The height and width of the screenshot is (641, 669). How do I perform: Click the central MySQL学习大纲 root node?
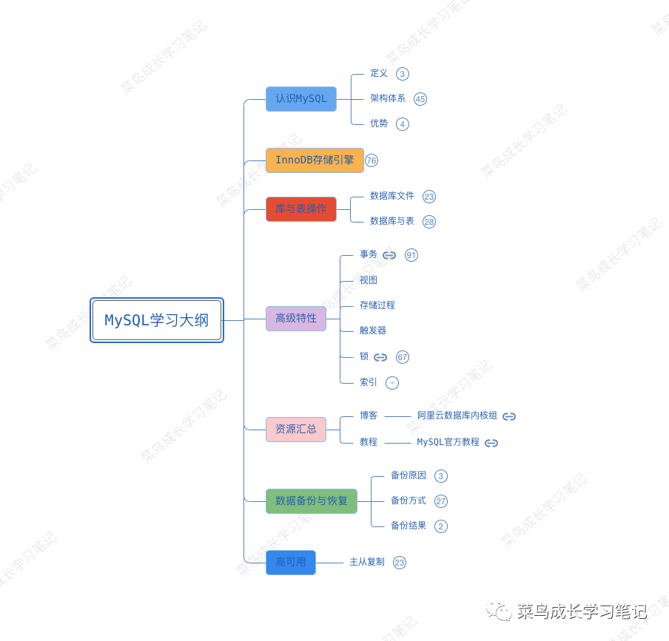click(157, 320)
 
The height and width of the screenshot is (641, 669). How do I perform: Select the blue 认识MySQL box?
click(300, 99)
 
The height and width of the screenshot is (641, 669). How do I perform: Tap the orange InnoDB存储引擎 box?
click(315, 160)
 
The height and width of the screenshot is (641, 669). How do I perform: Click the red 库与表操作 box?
click(300, 209)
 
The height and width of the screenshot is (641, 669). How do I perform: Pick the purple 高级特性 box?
click(295, 319)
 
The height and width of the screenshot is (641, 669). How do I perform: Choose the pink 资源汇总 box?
click(295, 430)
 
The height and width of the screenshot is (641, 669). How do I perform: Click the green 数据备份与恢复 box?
click(311, 501)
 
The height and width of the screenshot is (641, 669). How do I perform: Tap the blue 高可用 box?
click(290, 563)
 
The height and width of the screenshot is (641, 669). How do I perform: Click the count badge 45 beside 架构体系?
click(420, 99)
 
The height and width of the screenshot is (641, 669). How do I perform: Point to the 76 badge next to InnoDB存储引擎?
click(372, 160)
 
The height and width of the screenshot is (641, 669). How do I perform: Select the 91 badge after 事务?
click(411, 255)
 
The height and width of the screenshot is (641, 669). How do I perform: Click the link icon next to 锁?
click(380, 357)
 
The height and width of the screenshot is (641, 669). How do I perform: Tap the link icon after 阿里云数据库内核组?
click(509, 416)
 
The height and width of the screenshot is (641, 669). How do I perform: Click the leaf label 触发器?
click(373, 330)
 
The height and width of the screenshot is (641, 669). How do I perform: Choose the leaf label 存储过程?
click(377, 305)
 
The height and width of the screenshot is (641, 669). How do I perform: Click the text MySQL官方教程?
click(448, 442)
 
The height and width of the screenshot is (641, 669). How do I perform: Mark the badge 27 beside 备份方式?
click(441, 501)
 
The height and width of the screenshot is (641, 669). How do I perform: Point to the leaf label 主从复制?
click(367, 562)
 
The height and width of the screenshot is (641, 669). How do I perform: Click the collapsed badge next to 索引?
click(392, 383)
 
